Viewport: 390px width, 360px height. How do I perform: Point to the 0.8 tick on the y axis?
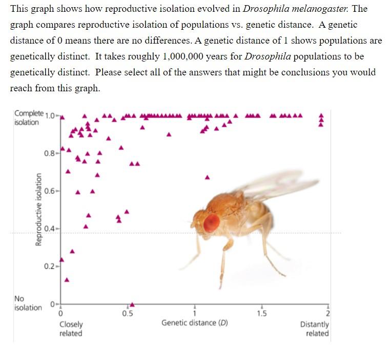tap(50, 152)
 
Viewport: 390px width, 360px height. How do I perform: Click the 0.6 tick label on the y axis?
tap(50, 191)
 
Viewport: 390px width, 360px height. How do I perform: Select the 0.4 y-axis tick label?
tap(50, 228)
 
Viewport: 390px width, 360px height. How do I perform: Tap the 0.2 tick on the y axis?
tap(50, 266)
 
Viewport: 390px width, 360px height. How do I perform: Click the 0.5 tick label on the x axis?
tap(128, 314)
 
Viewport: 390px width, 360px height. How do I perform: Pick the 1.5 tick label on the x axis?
tap(261, 314)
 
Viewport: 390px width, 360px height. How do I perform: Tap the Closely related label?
tap(71, 329)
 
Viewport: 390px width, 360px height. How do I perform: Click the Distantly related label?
tap(315, 329)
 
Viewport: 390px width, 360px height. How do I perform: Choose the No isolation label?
tap(27, 303)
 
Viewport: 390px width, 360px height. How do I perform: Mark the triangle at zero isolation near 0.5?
tap(132, 304)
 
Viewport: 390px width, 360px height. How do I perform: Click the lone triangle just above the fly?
tap(208, 177)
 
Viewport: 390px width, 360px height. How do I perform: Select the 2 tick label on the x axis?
tap(327, 314)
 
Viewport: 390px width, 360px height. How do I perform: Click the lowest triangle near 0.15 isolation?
tap(67, 280)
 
